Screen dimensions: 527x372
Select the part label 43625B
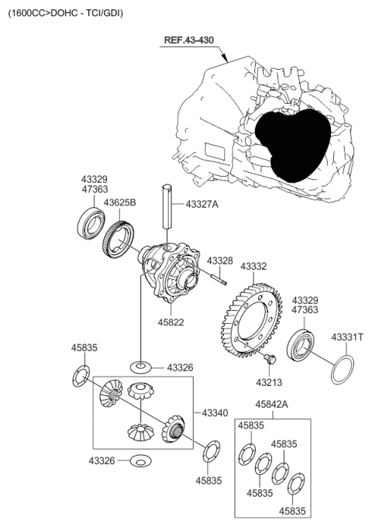120,202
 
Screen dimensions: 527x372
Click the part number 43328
219,261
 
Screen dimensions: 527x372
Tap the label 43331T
347,337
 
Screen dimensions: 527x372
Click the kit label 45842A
272,405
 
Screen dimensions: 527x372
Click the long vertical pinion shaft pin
166,205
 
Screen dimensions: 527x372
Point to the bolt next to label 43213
269,360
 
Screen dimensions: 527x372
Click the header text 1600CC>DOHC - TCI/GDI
65,13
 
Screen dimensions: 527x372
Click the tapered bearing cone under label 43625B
119,236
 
